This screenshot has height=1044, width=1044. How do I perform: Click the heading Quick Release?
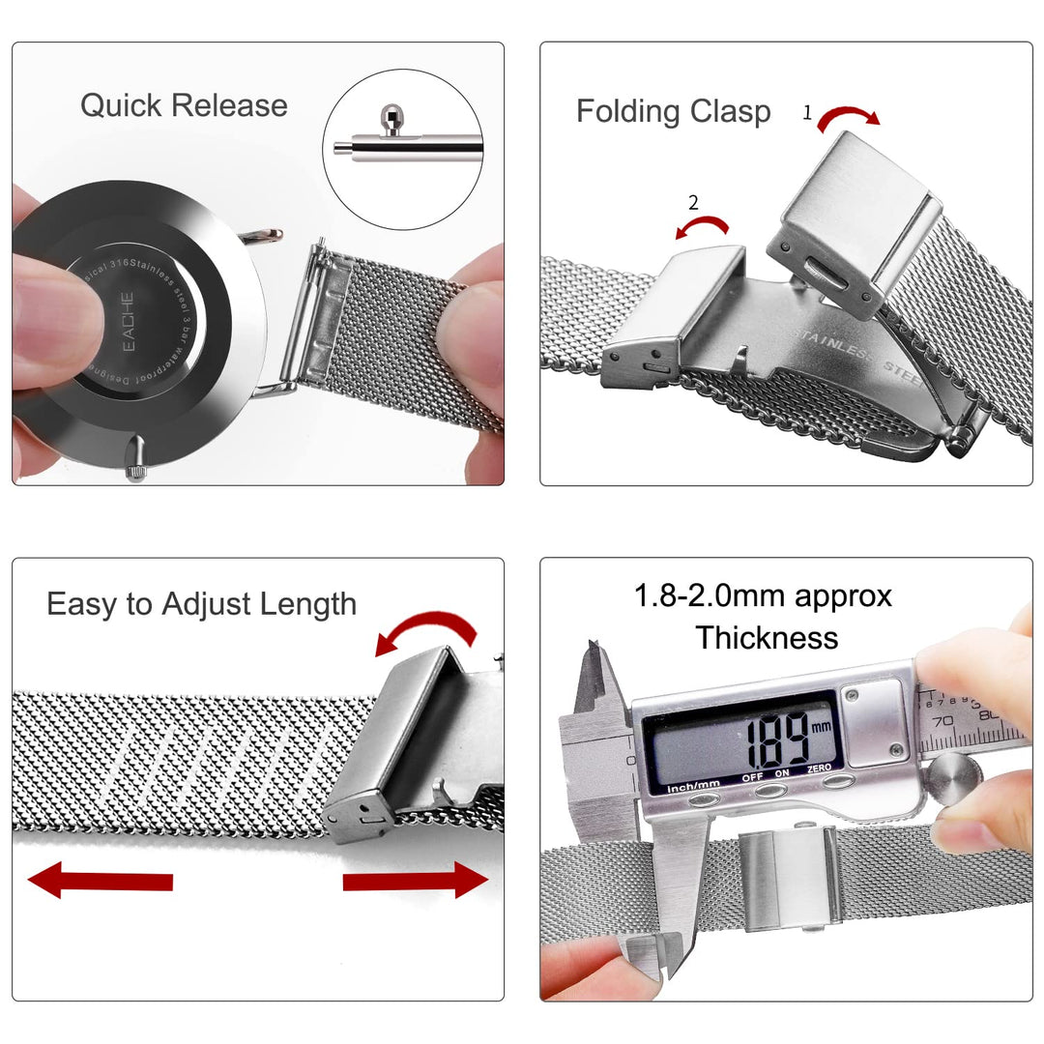coord(184,105)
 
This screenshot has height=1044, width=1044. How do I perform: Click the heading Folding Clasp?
coord(673,111)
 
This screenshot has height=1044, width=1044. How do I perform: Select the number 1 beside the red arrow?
coord(807,113)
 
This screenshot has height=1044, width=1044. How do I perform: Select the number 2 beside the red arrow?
coord(693,203)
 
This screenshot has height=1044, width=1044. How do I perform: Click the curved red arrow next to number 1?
coord(849,115)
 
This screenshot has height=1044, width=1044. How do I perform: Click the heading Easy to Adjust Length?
coord(201,604)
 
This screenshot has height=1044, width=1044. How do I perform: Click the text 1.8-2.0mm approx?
coord(763,595)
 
